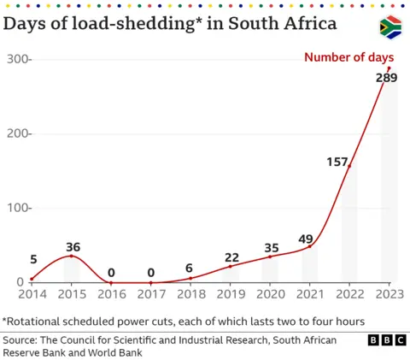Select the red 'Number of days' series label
point(351,58)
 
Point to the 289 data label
point(387,79)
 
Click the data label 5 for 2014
point(33,260)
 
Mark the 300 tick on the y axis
point(18,60)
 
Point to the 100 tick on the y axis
point(18,208)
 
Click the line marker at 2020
point(269,257)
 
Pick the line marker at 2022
point(349,166)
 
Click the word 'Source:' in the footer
point(25,340)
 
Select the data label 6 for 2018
point(190,267)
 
